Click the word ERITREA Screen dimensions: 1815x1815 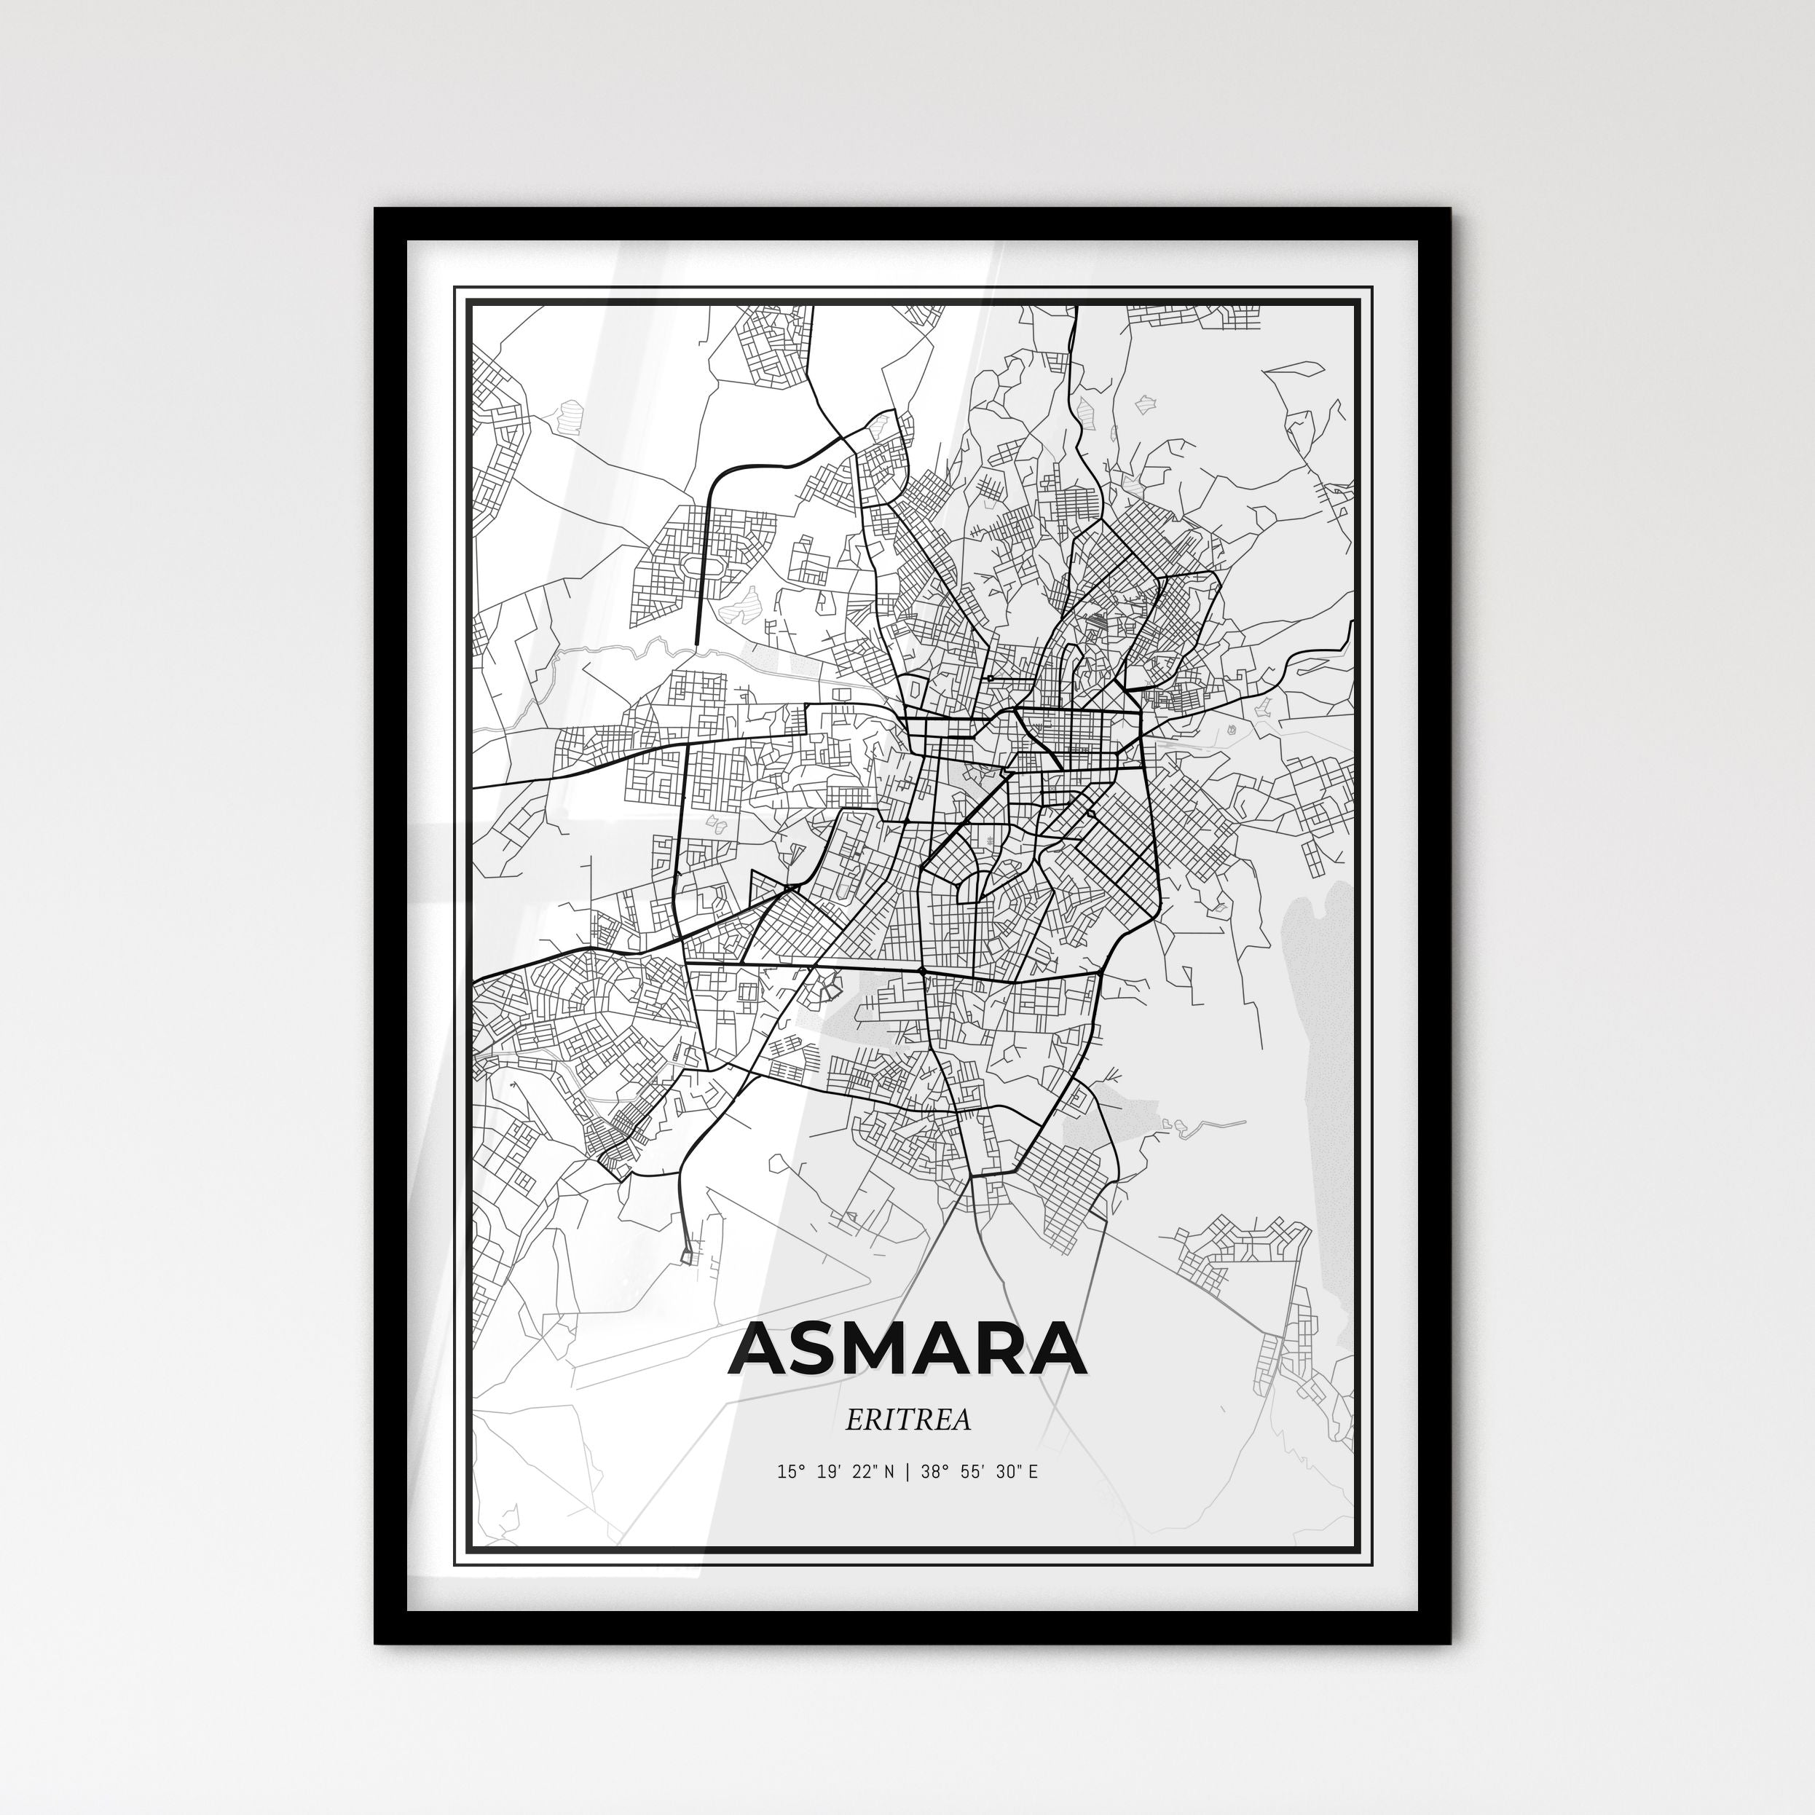coord(907,1420)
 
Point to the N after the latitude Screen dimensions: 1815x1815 coord(889,1498)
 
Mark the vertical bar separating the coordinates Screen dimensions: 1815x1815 coord(907,1498)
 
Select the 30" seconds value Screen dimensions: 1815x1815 coord(1009,1498)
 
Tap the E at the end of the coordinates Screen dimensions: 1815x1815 coord(1034,1498)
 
